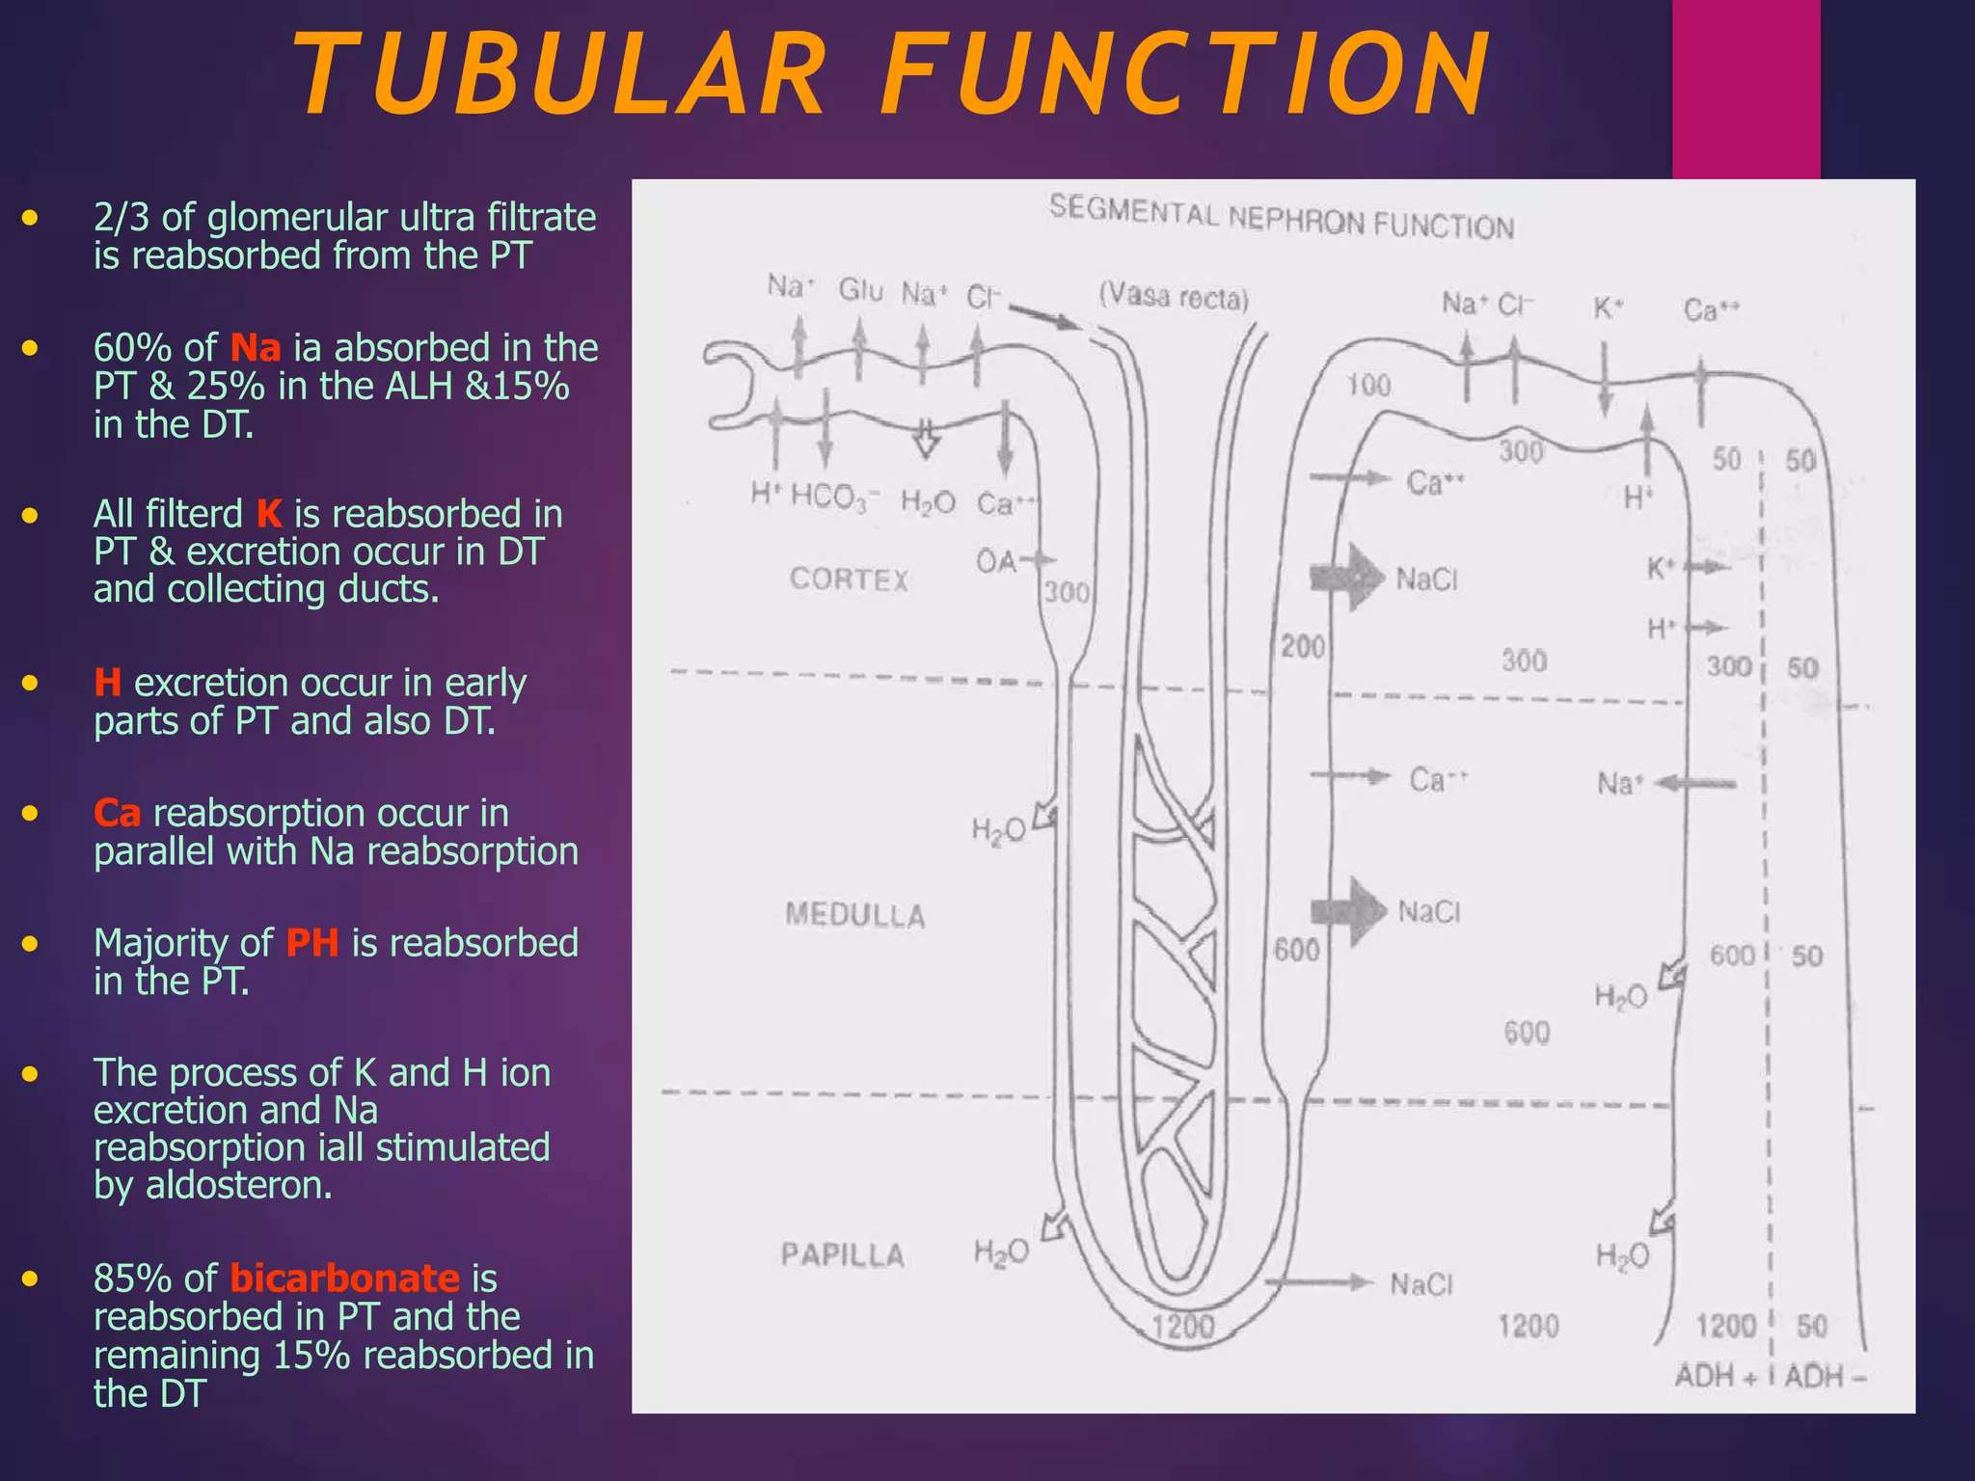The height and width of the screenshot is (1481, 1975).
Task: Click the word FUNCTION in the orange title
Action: tap(1187, 75)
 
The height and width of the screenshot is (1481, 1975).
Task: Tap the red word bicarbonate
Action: tap(344, 1279)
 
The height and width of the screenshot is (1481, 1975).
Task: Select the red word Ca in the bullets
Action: tap(117, 814)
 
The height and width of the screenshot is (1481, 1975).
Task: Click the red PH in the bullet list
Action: tap(312, 943)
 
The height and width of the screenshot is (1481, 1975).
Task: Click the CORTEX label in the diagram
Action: tap(849, 579)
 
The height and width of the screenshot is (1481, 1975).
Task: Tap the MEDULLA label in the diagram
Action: tap(854, 914)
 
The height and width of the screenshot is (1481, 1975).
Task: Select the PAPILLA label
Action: tap(842, 1254)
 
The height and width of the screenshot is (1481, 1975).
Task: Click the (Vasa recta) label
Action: tap(1174, 297)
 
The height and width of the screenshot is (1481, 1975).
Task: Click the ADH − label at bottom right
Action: tap(1825, 1376)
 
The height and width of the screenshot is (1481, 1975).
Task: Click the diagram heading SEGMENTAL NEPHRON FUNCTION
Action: tap(1282, 218)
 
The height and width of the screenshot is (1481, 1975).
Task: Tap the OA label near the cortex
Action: tap(996, 561)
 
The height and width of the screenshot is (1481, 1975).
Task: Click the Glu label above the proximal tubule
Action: tap(860, 289)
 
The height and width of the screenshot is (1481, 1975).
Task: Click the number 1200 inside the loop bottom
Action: tap(1182, 1327)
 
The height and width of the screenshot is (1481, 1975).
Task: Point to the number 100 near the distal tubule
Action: tap(1368, 386)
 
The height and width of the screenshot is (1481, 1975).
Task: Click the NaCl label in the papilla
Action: tap(1420, 1284)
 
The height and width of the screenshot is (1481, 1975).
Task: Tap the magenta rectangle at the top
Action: tap(1745, 89)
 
